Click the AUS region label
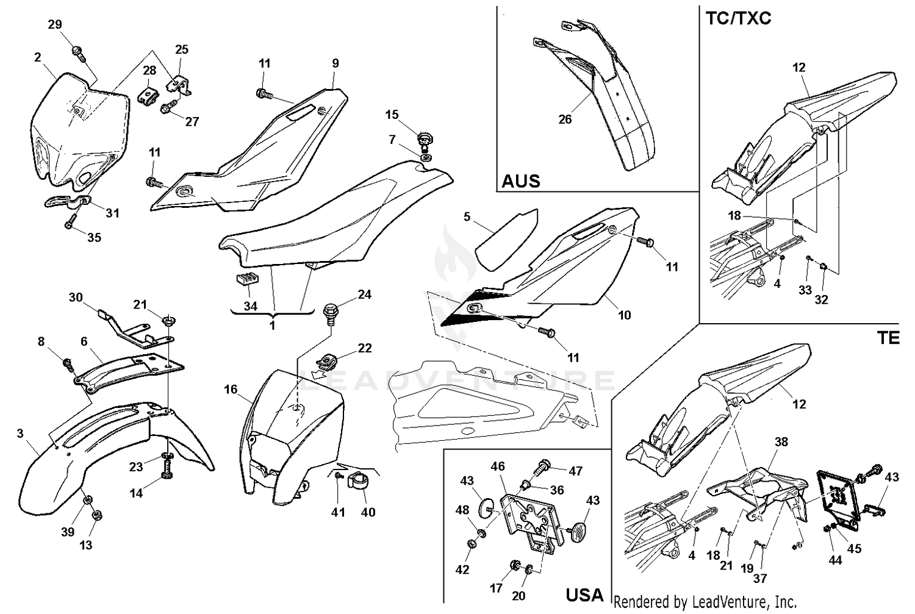coord(520,181)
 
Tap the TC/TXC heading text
coord(738,18)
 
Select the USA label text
coord(584,594)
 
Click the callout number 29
coord(55,24)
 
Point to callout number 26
coord(565,119)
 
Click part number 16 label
coord(230,389)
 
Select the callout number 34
coord(250,306)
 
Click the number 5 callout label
coord(467,216)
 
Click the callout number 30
coord(76,298)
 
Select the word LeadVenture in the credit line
coord(723,602)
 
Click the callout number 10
coord(624,315)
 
